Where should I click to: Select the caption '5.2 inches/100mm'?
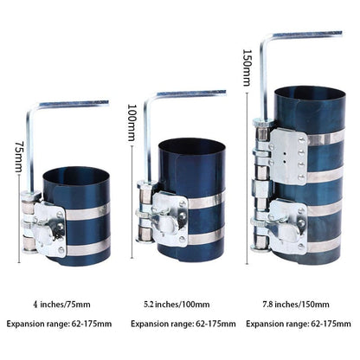click(179, 304)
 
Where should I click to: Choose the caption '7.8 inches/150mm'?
click(297, 304)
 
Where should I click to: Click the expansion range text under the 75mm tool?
click(61, 325)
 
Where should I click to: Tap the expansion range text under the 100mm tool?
click(179, 325)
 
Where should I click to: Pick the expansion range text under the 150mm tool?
click(297, 325)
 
